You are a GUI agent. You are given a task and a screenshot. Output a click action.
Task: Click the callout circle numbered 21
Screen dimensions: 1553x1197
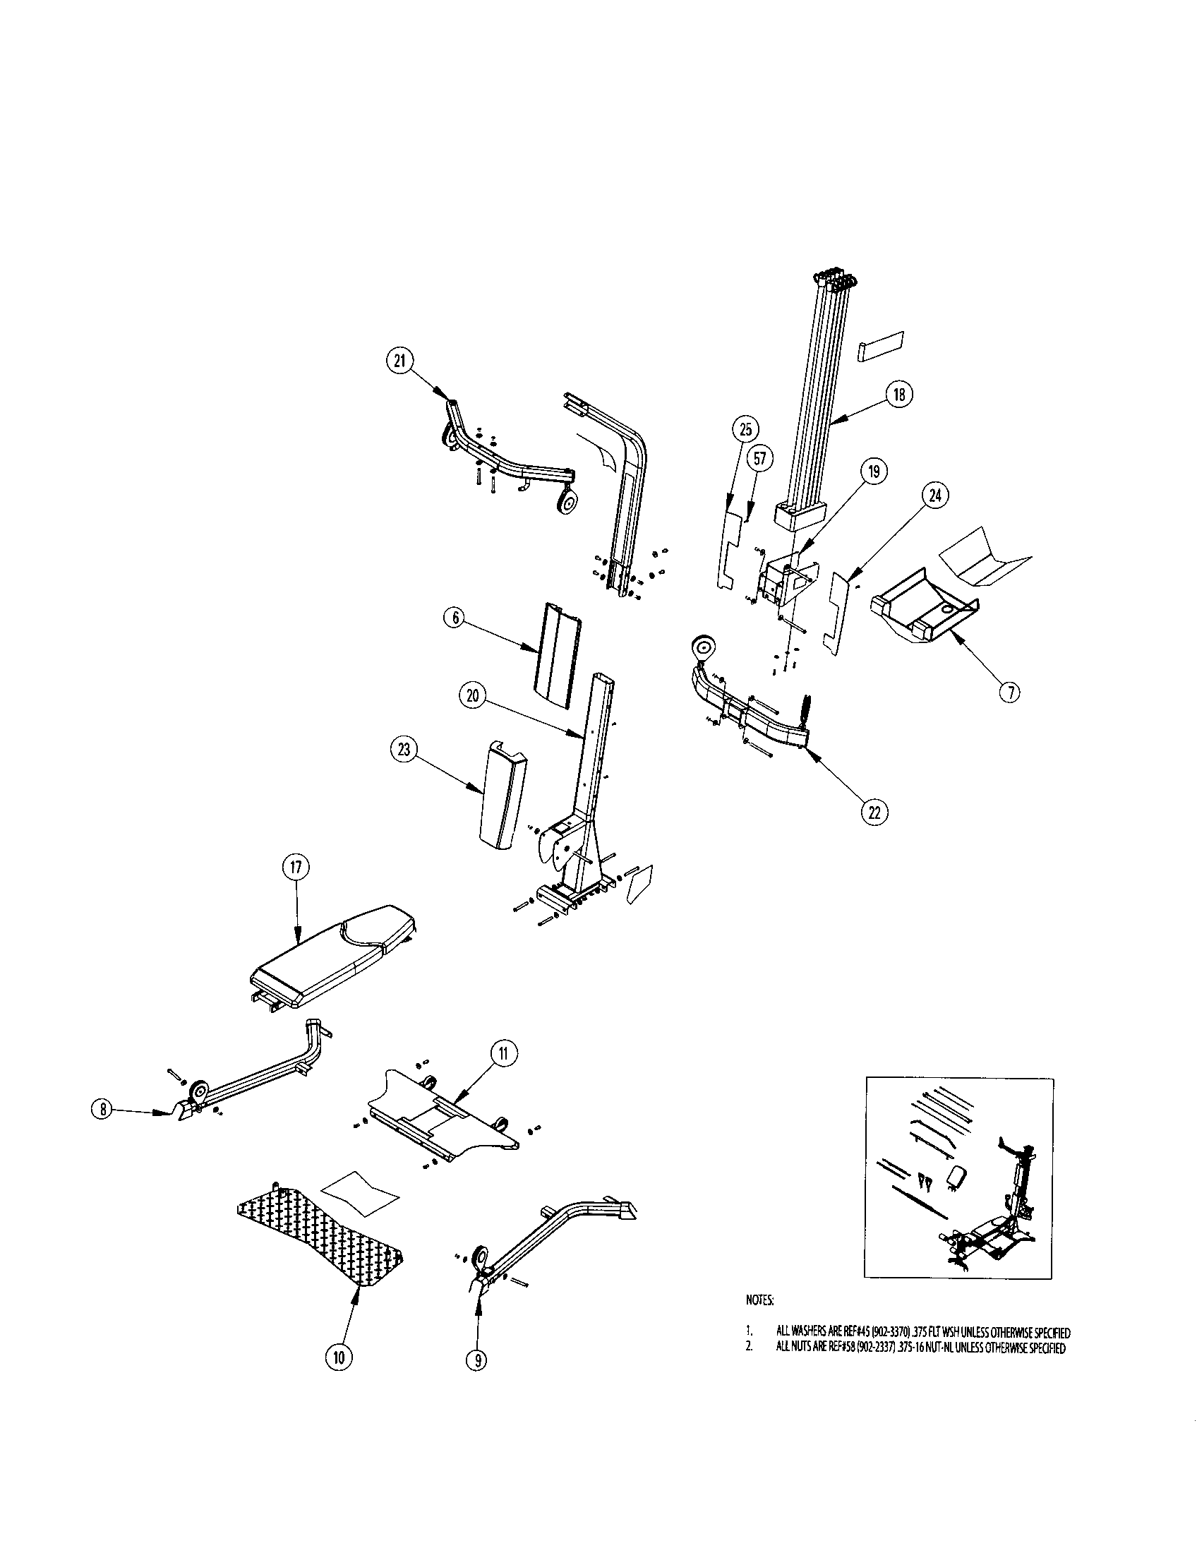(x=399, y=361)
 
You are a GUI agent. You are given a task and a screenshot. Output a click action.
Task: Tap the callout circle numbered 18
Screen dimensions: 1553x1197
(x=900, y=395)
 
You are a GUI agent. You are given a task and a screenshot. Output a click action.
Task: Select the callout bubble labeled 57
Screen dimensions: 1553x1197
(x=761, y=459)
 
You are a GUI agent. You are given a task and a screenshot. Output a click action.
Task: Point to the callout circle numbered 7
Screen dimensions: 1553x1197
(x=1009, y=691)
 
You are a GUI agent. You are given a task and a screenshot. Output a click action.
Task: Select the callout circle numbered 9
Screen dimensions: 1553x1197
(x=477, y=1360)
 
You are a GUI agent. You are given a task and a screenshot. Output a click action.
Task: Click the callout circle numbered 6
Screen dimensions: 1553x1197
(x=456, y=618)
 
